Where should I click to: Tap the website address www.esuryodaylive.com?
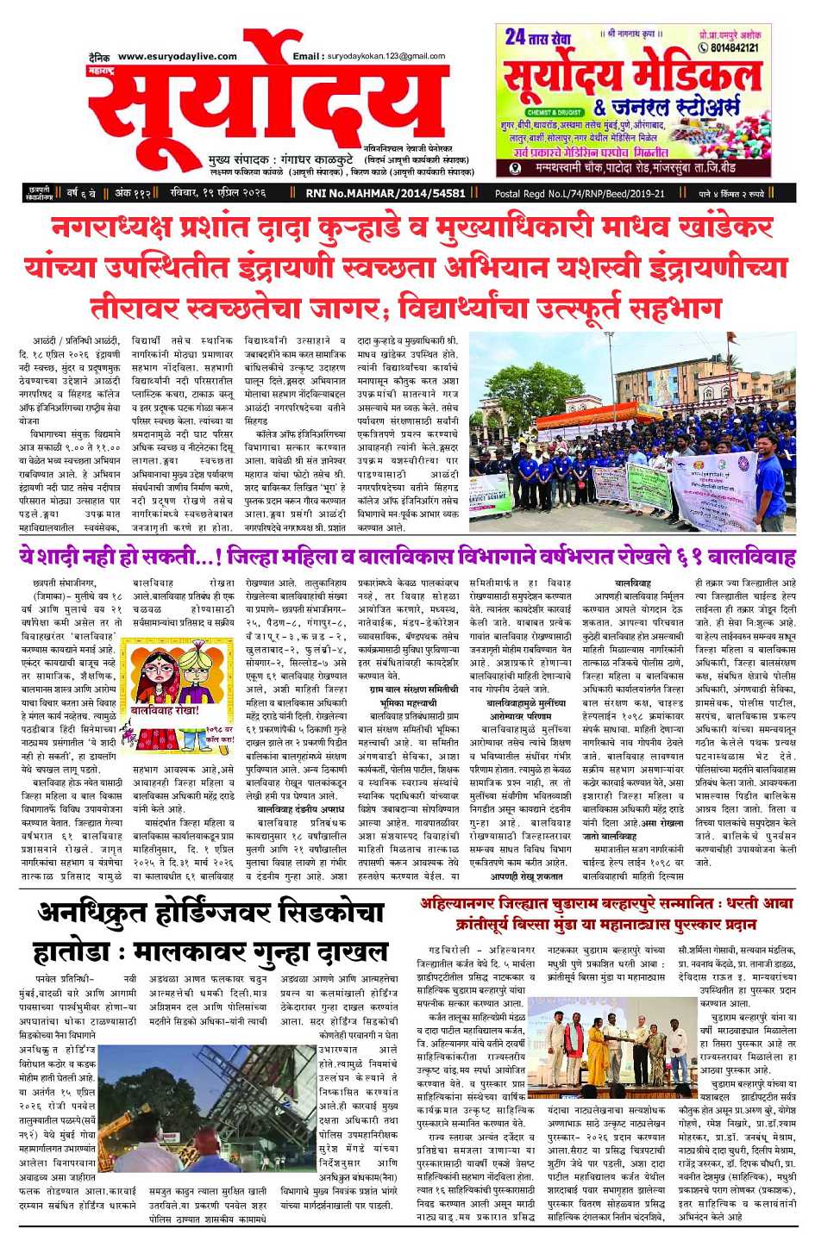pyautogui.click(x=177, y=57)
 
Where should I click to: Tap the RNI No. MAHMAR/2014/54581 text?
pyautogui.click(x=386, y=194)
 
